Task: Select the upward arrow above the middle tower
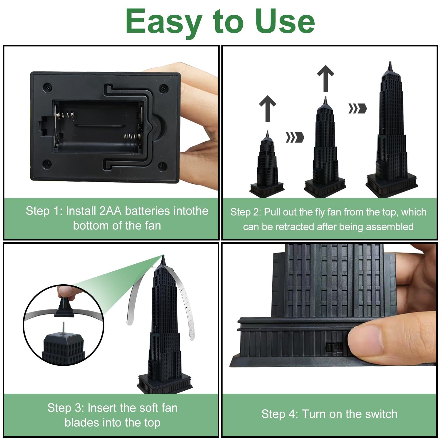pyautogui.click(x=325, y=78)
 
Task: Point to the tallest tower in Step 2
pyautogui.click(x=392, y=129)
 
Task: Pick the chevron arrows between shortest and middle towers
pyautogui.click(x=295, y=137)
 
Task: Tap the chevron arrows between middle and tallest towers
pyautogui.click(x=358, y=108)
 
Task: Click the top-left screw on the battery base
pyautogui.click(x=47, y=88)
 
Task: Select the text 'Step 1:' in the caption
pyautogui.click(x=44, y=211)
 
